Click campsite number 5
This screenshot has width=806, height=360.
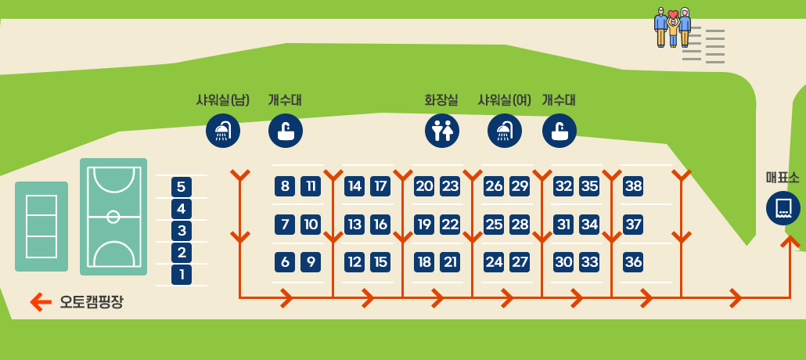tap(182, 187)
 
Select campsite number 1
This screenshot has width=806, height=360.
tap(182, 275)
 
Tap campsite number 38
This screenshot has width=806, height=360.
tap(633, 186)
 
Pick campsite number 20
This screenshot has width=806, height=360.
tap(424, 186)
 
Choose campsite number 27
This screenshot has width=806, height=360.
tap(520, 262)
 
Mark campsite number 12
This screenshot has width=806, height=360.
tap(354, 262)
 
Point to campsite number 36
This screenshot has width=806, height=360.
tap(633, 262)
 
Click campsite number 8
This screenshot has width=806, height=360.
tap(285, 186)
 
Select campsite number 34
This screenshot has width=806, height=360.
tap(589, 225)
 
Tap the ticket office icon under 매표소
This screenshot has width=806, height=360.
tap(783, 208)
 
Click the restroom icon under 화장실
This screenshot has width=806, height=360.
tap(442, 131)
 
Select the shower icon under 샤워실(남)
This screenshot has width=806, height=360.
tap(223, 131)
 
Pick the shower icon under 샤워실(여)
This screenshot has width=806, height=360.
tap(505, 131)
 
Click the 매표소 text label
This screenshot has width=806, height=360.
tap(783, 178)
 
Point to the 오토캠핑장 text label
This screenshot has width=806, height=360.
tap(92, 301)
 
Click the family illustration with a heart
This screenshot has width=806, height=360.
tap(672, 27)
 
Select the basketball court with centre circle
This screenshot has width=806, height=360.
tap(113, 217)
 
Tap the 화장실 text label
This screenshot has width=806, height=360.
tap(441, 100)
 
